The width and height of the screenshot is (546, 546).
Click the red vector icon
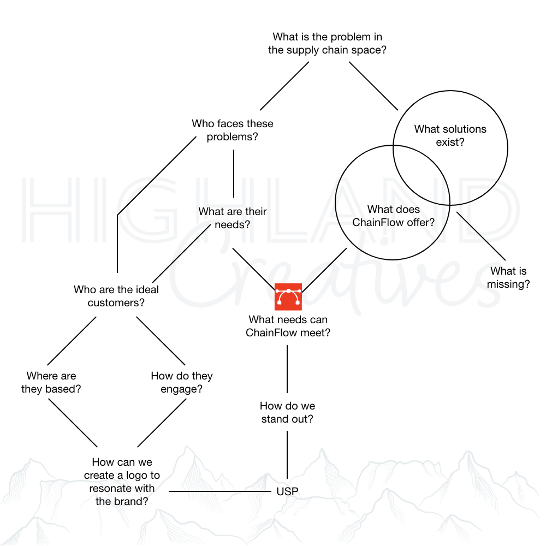(x=288, y=297)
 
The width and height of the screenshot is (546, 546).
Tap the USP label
(x=287, y=491)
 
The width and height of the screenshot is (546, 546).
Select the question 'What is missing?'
(x=508, y=277)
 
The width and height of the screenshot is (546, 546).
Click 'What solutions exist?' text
(x=450, y=136)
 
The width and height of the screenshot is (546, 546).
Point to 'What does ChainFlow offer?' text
(x=393, y=216)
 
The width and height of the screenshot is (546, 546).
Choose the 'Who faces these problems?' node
(x=233, y=130)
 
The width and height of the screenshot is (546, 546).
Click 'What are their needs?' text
(x=233, y=217)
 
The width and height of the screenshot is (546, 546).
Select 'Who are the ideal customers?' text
(x=116, y=296)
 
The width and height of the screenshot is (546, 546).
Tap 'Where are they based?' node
(x=51, y=382)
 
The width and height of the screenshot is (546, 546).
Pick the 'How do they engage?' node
(x=182, y=382)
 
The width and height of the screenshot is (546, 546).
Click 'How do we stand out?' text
(x=287, y=413)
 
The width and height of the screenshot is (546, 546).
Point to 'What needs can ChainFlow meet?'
(x=288, y=326)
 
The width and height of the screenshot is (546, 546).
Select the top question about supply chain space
(x=327, y=44)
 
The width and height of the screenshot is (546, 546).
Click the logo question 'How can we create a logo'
(x=122, y=482)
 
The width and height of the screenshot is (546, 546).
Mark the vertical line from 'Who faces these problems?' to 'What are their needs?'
(x=234, y=173)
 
